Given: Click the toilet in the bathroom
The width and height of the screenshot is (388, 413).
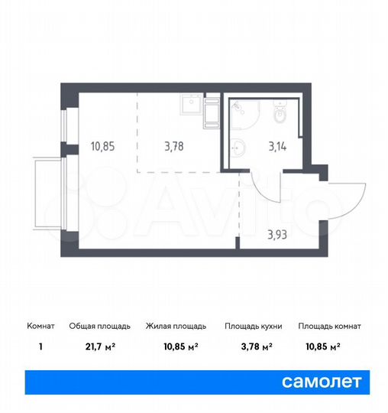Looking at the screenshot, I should pos(281,112).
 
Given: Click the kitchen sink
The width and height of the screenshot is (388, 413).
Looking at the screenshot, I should pos(190,104).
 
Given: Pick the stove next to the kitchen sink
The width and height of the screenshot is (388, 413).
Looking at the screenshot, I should pos(212,112).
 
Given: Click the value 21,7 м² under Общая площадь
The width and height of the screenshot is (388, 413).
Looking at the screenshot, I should pos(103,346).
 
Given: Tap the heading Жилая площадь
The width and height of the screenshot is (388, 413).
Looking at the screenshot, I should pos(172,326).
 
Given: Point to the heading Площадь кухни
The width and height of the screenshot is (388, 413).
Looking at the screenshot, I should pos(253,326).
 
